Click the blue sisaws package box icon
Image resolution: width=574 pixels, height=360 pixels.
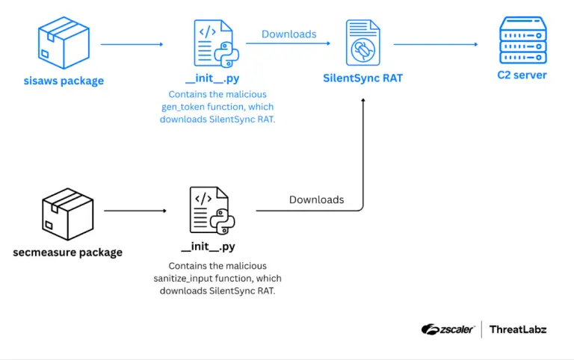[x=64, y=44]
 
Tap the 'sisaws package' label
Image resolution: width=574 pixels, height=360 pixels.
[x=64, y=80]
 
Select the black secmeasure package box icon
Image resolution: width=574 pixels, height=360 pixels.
[x=68, y=213]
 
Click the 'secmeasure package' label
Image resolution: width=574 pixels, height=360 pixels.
[x=68, y=252]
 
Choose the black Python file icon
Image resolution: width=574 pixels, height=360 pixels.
[x=212, y=211]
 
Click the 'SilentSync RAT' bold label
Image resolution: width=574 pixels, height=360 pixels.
[x=363, y=78]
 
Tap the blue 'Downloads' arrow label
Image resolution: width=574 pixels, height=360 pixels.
[x=288, y=34]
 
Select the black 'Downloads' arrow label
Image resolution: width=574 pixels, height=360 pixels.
[x=316, y=199]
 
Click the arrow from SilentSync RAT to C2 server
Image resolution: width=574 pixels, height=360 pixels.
[x=436, y=44]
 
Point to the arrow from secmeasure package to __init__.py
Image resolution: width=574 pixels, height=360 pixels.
[x=135, y=211]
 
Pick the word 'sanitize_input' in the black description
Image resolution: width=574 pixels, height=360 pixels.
[x=186, y=278]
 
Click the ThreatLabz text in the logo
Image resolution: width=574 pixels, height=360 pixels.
[x=518, y=329]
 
